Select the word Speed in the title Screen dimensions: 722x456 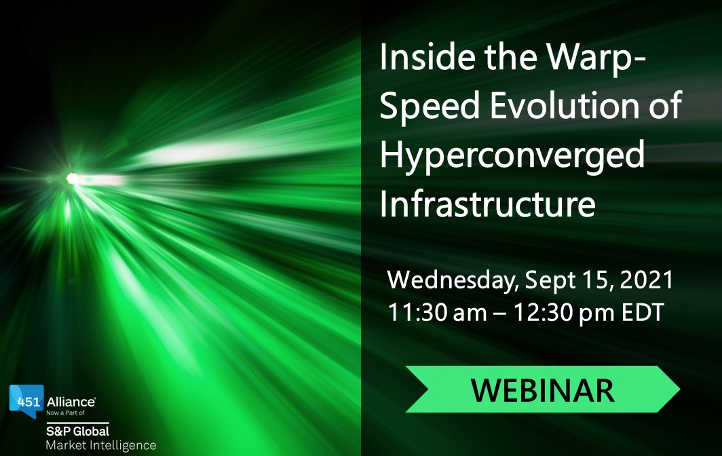[430, 105]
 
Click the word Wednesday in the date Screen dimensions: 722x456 [453, 280]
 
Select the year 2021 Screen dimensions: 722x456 [647, 280]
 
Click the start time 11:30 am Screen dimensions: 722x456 [438, 312]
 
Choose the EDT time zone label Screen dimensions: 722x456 [643, 312]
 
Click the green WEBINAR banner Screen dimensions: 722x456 [542, 389]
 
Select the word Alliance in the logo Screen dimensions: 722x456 [71, 402]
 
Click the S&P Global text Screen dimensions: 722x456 [77, 431]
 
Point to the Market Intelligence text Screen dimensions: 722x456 [101, 445]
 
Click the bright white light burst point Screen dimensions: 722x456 [72, 178]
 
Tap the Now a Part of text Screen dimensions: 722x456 [65, 413]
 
